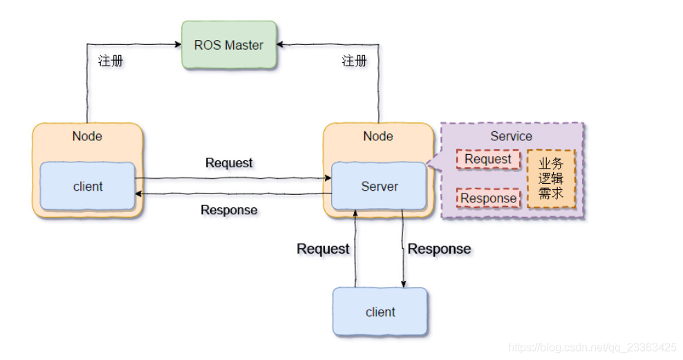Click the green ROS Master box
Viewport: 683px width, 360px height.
(228, 45)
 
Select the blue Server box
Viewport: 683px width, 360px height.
(379, 186)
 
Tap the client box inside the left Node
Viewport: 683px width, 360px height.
(88, 186)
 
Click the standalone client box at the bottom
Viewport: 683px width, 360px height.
(380, 312)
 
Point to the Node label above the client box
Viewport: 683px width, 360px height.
(87, 136)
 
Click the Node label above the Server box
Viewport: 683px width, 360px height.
(378, 136)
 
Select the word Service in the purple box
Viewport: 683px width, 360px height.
(511, 136)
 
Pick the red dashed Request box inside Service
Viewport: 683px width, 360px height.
(488, 160)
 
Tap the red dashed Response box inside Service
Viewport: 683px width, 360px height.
(488, 198)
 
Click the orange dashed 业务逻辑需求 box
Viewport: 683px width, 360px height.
(551, 179)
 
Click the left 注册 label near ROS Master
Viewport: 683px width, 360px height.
(111, 61)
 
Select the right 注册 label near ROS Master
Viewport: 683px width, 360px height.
(354, 61)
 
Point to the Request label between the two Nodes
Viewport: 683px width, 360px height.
(230, 163)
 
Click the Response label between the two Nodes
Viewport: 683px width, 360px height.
(229, 210)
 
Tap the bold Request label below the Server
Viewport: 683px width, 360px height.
(323, 249)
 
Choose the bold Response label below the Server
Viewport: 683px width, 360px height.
(439, 249)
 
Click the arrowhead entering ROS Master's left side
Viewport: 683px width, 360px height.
(177, 45)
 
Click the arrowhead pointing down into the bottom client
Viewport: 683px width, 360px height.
(403, 283)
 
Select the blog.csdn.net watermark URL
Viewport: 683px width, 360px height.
(592, 347)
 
